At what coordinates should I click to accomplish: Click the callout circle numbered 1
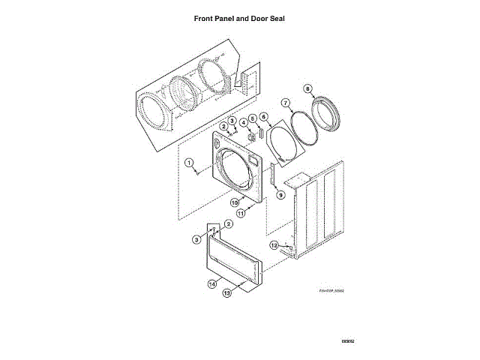[x=190, y=162]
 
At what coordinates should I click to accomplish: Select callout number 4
[x=243, y=122]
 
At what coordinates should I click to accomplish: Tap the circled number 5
[x=253, y=118]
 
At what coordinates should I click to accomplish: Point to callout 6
[x=263, y=116]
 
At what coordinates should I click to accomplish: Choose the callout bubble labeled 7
[x=286, y=102]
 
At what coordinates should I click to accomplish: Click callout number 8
[x=307, y=88]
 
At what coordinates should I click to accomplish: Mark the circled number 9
[x=281, y=195]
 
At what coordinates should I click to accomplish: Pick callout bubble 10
[x=234, y=202]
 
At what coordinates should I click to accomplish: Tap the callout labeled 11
[x=241, y=213]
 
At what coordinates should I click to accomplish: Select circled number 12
[x=274, y=245]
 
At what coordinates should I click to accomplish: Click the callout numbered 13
[x=227, y=294]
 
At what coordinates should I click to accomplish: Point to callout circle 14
[x=212, y=284]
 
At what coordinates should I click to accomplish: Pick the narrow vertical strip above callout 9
[x=273, y=175]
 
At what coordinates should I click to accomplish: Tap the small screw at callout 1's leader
[x=198, y=171]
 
